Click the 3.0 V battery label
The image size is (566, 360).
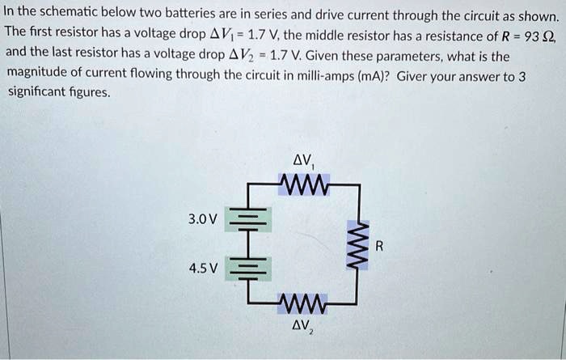pos(202,219)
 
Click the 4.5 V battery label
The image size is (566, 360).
pos(202,268)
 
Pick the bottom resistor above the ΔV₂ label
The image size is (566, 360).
pos(303,306)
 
